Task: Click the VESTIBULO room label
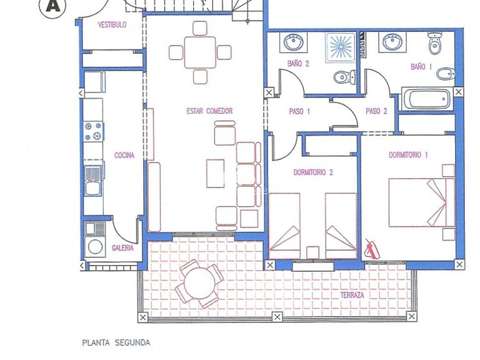[x=112, y=25]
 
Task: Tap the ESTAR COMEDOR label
[x=209, y=111]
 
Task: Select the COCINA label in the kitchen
[x=124, y=156]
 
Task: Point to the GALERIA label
[x=122, y=247]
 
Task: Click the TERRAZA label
[x=353, y=294]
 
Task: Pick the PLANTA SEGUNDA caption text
[x=116, y=342]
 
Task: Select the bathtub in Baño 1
[x=427, y=99]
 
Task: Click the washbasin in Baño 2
[x=293, y=44]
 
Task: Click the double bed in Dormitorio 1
[x=421, y=202]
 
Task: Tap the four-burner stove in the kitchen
[x=93, y=131]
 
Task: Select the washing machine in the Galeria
[x=95, y=246]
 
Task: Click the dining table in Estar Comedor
[x=200, y=52]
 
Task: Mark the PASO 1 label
[x=299, y=111]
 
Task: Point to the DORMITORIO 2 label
[x=313, y=172]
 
